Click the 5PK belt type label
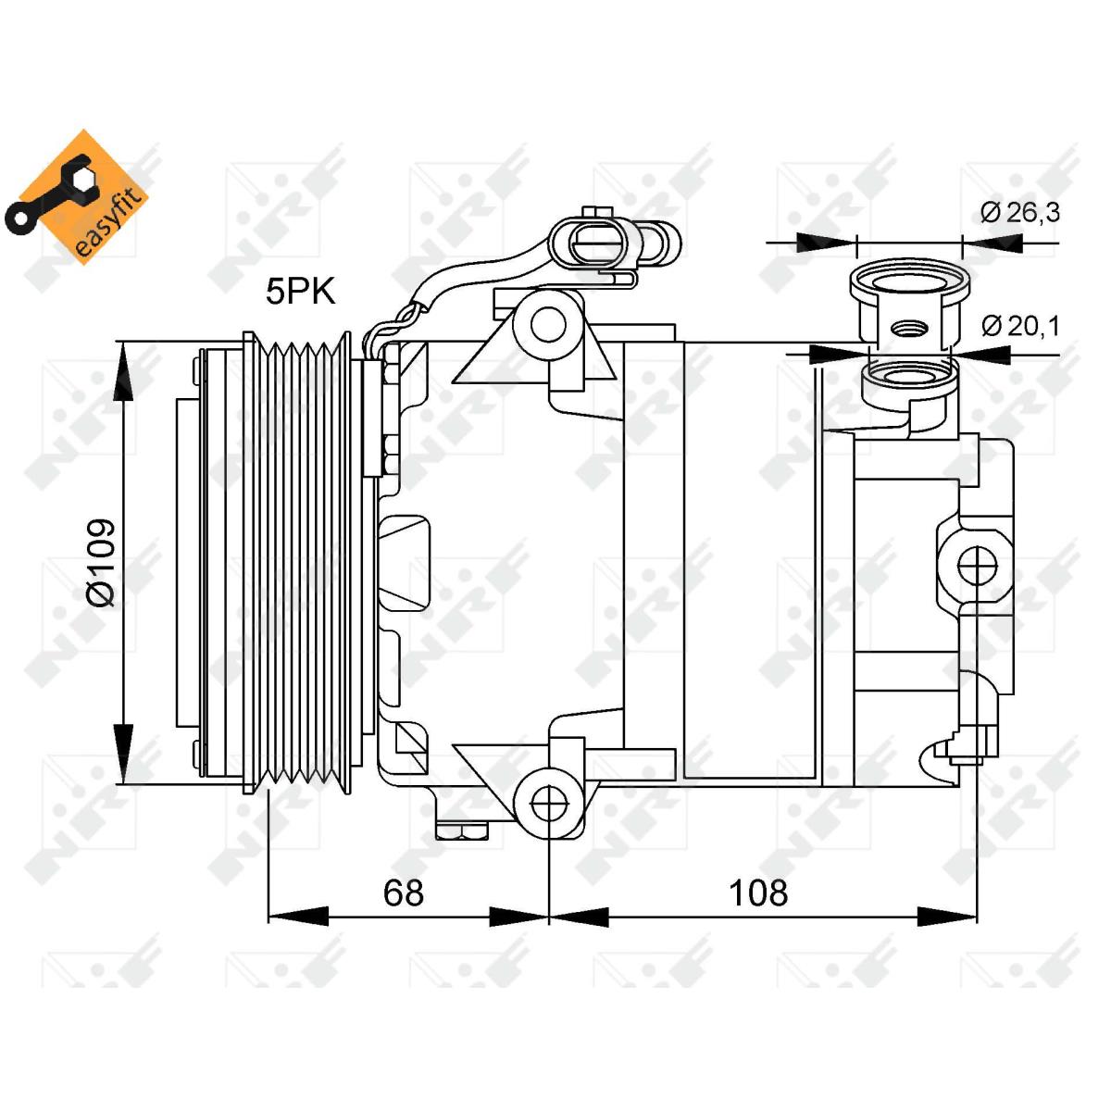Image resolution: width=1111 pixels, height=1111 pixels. pos(300,292)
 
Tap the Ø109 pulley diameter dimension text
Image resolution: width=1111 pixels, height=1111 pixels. pos(101,562)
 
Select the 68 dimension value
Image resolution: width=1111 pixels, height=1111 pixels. pos(404,893)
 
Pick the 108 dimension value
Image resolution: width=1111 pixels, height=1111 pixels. pos(758,893)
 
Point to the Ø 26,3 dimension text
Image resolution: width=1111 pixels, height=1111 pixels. pos(1019,212)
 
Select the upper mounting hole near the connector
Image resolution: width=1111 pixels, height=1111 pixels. pos(549,323)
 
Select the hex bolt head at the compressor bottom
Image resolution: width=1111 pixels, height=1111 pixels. pos(461,830)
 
